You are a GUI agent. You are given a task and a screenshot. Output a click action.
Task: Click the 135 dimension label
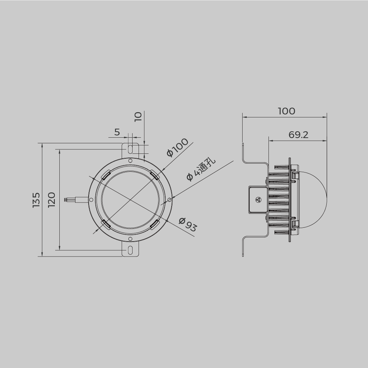coord(36,200)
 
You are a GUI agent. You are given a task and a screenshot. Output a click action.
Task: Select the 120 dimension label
coord(51,200)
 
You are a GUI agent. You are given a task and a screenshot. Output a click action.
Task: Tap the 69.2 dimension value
coord(298,135)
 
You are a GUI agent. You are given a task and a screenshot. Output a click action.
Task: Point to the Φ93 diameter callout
coord(187,225)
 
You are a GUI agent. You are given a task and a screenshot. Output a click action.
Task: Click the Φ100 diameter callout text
coord(177,147)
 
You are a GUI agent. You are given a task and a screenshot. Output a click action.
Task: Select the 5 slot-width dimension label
coord(117,132)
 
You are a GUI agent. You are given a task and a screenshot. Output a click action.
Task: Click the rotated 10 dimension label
coord(138,117)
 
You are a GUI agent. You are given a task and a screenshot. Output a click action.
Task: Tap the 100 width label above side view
coord(287,111)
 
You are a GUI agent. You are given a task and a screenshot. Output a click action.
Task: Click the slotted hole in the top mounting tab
coord(130,149)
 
